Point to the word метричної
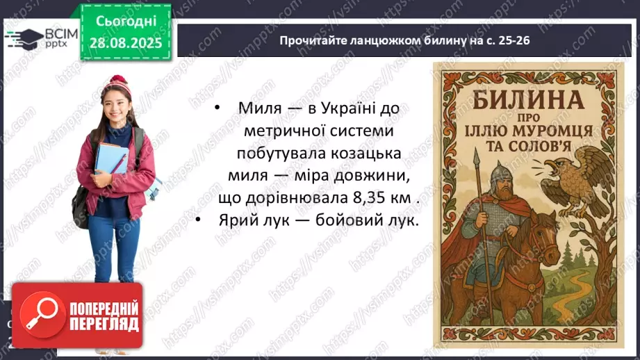pyautogui.click(x=286, y=131)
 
